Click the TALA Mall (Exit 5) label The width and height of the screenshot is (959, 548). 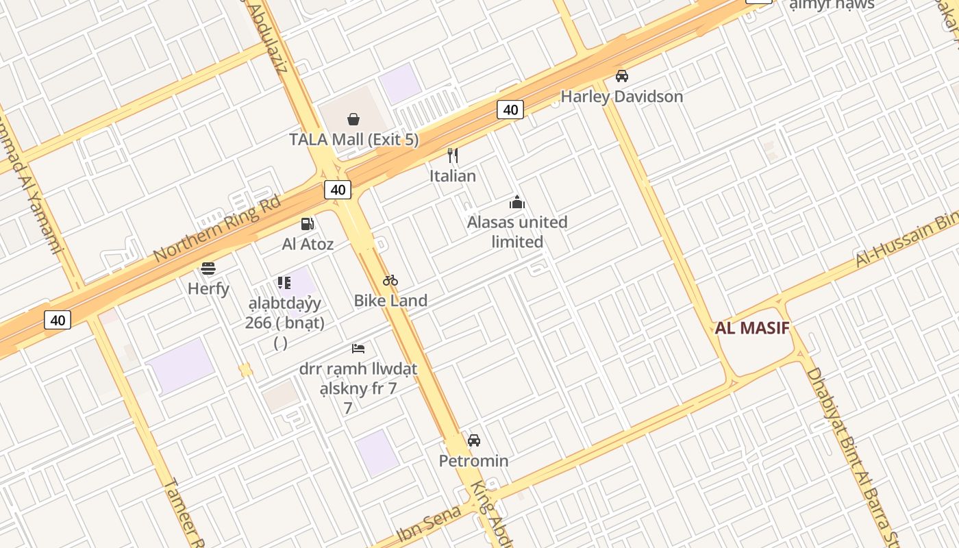coord(353,140)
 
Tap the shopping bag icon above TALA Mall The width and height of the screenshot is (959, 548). coord(353,120)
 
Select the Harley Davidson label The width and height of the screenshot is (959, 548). coord(622,97)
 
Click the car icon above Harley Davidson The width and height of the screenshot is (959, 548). coord(622,76)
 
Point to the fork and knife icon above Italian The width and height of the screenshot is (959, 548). coord(452,155)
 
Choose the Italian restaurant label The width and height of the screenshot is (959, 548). coord(452,176)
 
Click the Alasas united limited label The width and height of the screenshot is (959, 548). coord(517,232)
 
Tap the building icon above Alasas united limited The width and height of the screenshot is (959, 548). coord(517,202)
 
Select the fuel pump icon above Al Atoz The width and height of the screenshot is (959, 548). coord(308,223)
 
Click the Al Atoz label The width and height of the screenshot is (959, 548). coord(308,244)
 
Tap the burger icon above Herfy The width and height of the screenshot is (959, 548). coord(208,268)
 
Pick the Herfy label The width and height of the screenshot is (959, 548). coord(208,288)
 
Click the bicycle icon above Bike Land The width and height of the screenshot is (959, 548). coord(390,280)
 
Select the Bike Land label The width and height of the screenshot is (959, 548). coord(390,300)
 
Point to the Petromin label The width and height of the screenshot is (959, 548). coord(474,460)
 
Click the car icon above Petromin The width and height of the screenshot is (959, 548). coord(474,440)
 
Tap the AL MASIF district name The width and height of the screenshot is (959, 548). coord(752,328)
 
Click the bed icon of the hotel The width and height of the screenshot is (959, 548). coord(358,348)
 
